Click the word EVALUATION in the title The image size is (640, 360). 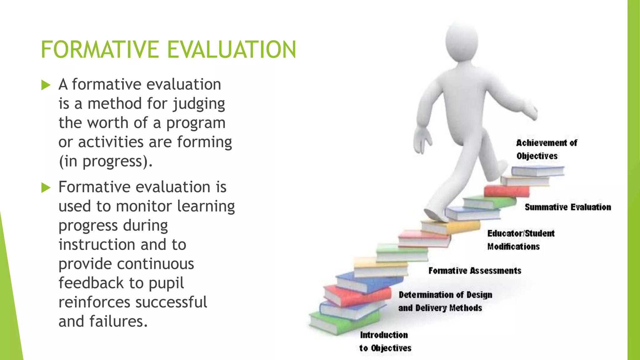231,49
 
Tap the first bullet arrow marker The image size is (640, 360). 46,85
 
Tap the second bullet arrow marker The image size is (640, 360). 46,187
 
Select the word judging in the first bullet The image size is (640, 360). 199,104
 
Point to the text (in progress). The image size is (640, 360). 105,162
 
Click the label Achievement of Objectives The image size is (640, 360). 546,149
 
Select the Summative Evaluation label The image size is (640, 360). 567,207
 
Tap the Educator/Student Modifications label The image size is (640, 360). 520,240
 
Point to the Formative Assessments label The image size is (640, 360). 474,271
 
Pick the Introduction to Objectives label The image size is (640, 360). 384,342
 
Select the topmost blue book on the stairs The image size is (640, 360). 537,171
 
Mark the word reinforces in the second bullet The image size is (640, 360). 94,302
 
